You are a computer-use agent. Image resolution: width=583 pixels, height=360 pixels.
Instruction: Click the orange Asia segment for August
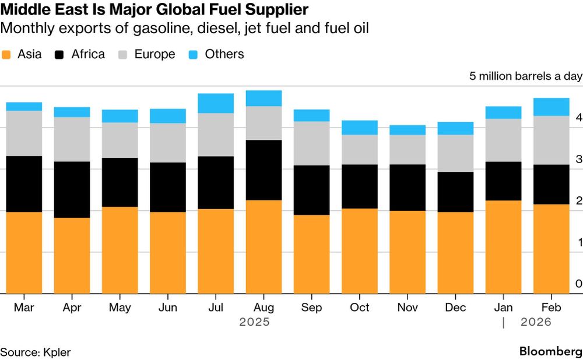tap(264, 247)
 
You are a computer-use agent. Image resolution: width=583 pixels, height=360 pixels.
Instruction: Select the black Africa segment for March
tap(24, 184)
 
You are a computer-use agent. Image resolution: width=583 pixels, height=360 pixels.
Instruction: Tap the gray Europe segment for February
tap(552, 140)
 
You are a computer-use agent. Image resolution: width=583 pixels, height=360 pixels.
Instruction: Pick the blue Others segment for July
tap(216, 103)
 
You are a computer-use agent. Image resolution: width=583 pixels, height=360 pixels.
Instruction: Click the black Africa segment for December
tap(455, 192)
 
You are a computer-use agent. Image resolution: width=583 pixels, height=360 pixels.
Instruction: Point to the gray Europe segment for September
tap(311, 143)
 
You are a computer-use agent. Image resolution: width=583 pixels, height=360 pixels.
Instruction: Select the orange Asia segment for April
tap(72, 256)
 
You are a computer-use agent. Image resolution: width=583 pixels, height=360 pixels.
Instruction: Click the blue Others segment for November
tap(408, 130)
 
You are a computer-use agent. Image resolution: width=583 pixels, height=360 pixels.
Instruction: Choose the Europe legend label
tap(154, 55)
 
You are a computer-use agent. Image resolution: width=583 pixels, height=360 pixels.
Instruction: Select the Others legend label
tap(224, 55)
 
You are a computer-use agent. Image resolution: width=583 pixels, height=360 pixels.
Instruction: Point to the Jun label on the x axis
tap(168, 308)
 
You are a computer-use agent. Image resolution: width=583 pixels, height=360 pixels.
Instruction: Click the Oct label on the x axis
tap(360, 308)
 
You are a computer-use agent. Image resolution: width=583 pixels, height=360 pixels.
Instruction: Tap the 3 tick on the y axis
tap(578, 159)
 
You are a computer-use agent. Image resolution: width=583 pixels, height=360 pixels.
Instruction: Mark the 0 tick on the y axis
tap(578, 284)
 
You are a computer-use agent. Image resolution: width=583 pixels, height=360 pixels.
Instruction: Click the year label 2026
tap(536, 322)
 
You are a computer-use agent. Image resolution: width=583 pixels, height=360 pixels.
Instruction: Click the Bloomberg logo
tap(550, 352)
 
